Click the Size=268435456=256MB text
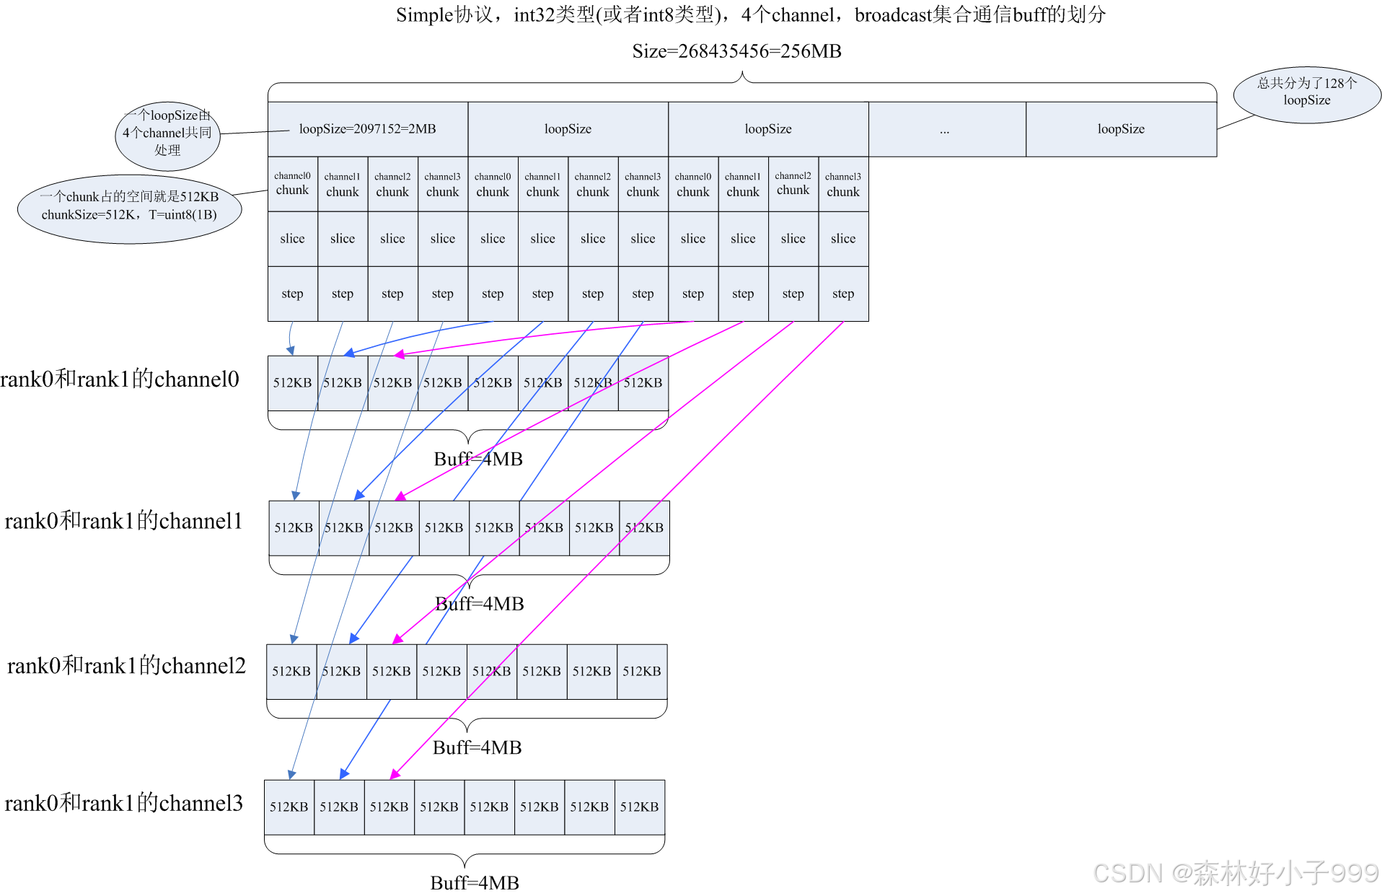point(736,51)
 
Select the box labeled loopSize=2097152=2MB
point(368,129)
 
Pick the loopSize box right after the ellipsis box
point(1121,129)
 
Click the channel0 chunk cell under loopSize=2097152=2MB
point(292,184)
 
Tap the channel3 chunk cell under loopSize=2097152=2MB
point(442,184)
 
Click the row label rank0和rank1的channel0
point(120,379)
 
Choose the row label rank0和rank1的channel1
point(123,521)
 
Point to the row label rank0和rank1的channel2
point(126,665)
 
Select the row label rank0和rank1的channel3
point(123,803)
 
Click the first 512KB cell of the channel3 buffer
point(289,807)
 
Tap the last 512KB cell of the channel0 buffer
point(643,383)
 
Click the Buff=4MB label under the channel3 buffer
point(475,883)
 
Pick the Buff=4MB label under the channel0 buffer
point(478,459)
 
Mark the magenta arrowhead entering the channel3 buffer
point(394,775)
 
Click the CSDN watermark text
point(1235,873)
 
